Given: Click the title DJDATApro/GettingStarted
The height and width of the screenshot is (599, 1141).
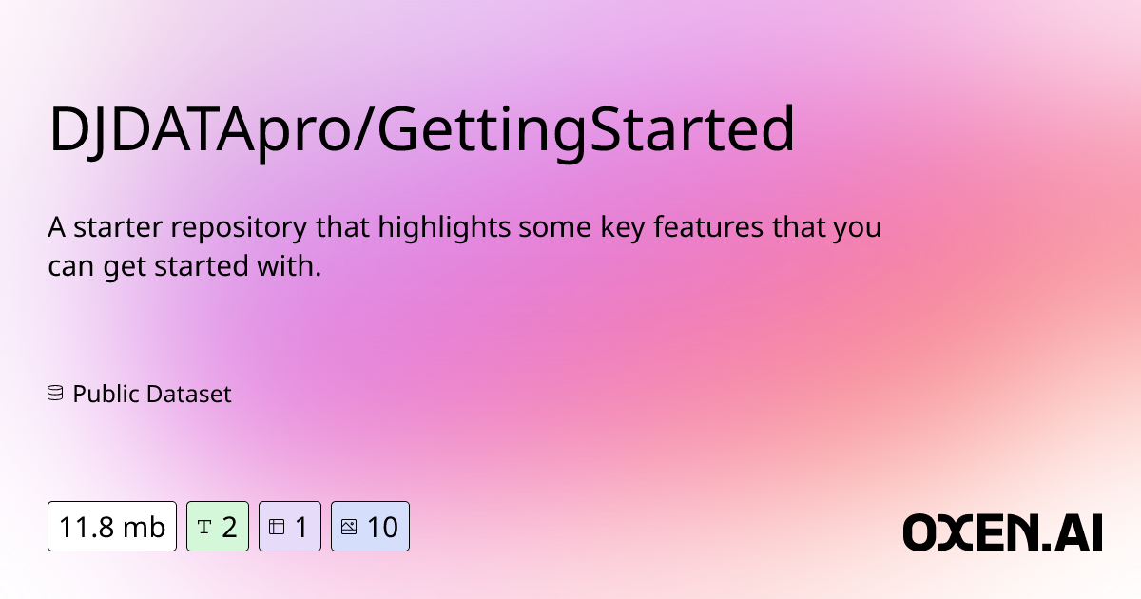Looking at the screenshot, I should coord(421,131).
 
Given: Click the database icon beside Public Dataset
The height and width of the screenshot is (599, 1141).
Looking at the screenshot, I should coord(55,394).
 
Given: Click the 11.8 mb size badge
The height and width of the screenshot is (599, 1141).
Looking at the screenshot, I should coord(112,526).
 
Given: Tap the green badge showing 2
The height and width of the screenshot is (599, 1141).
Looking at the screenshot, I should coord(218,526).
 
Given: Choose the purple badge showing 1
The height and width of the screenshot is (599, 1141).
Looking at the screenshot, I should coord(290,526).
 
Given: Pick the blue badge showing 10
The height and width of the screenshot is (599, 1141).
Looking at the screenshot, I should coord(370,526).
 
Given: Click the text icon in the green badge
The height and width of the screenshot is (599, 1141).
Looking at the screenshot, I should coord(203,526).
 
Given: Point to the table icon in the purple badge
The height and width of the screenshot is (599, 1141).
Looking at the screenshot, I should coord(277,526).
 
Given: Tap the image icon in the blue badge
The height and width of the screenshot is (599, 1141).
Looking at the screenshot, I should coord(348,526).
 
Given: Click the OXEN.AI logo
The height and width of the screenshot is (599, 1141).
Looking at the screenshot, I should coord(1002,532).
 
